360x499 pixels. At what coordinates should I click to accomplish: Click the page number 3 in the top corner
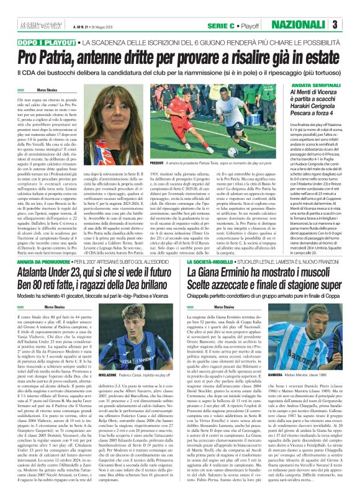point(351,24)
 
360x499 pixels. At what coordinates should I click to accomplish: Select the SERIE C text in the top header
point(220,24)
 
